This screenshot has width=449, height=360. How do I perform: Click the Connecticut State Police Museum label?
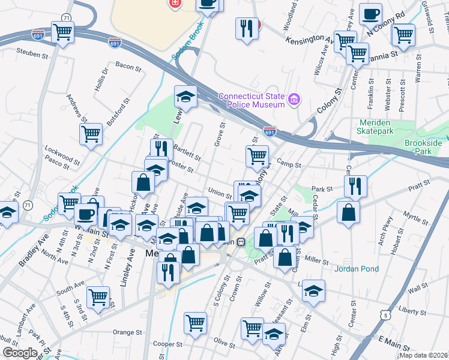tap(251, 100)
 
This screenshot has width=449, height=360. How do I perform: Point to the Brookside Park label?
tap(426, 148)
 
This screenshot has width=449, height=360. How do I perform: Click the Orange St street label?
tap(127, 332)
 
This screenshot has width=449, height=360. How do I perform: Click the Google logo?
tap(20, 353)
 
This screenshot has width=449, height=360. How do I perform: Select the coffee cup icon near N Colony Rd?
tap(370, 13)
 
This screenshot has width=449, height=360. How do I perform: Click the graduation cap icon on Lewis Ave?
tap(186, 95)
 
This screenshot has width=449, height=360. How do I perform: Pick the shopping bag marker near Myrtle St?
tap(348, 212)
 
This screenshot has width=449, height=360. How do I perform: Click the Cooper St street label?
tap(167, 344)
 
